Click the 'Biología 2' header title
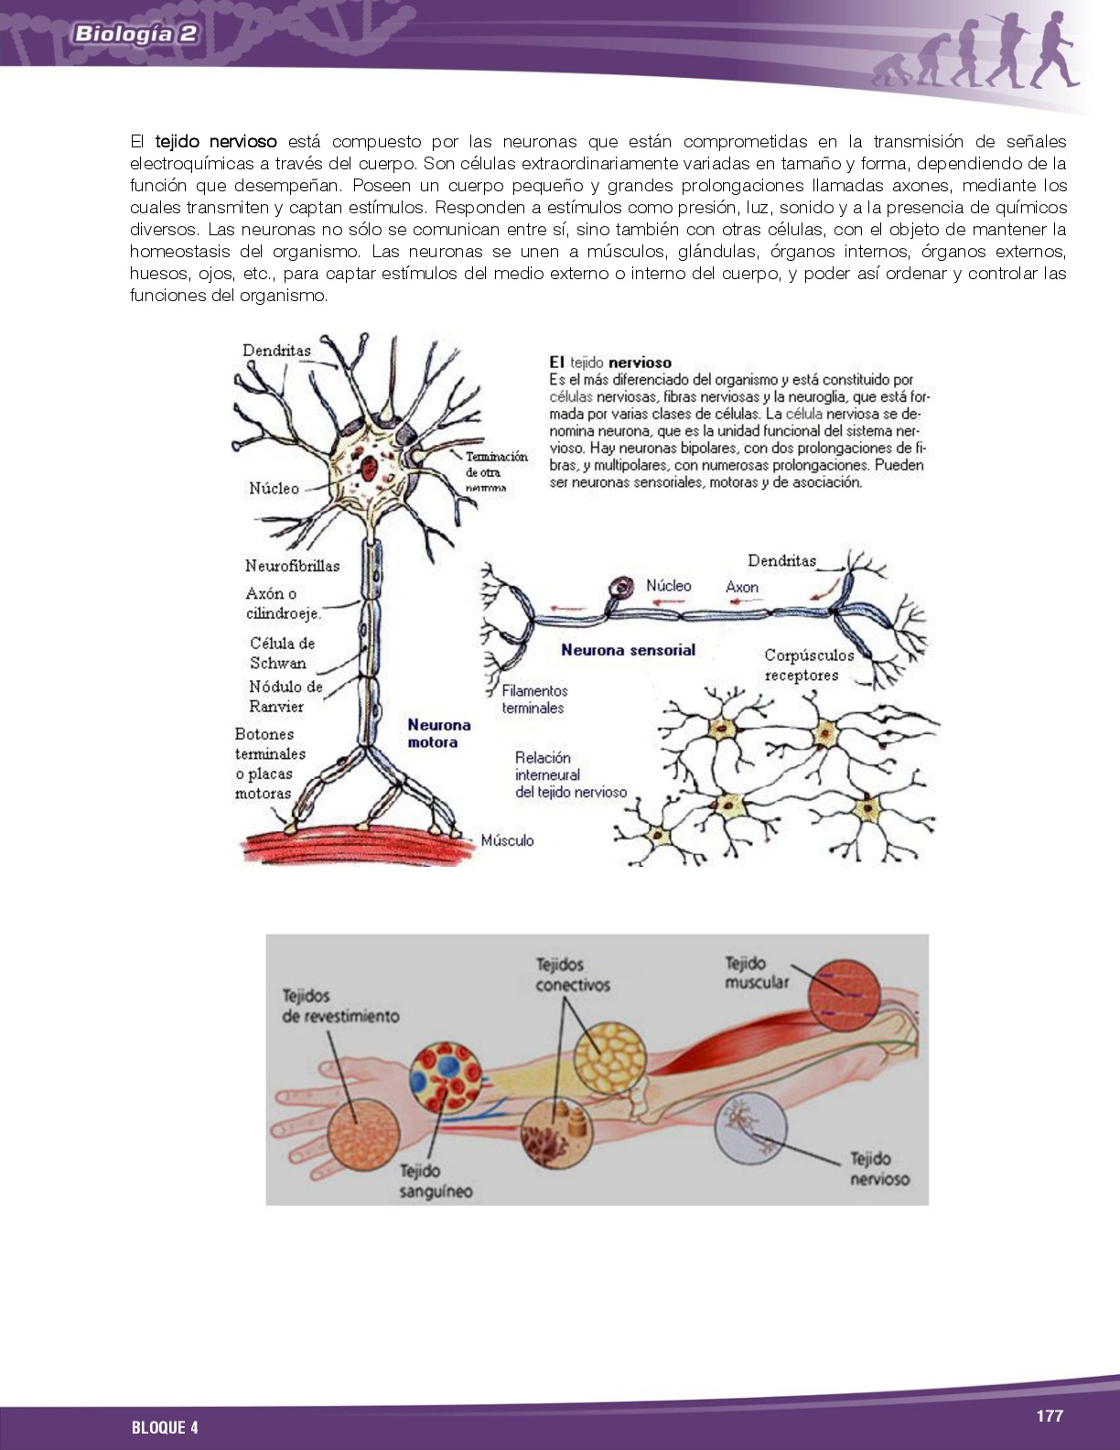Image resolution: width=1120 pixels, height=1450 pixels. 135,34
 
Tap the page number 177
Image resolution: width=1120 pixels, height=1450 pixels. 1049,1415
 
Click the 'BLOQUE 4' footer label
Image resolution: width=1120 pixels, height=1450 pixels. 165,1427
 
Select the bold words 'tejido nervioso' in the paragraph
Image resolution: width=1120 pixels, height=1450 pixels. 216,142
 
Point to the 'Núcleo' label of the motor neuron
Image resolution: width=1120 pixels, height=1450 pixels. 274,488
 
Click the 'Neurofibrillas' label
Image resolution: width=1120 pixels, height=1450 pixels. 292,566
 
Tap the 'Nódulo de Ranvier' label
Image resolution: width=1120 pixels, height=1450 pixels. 285,696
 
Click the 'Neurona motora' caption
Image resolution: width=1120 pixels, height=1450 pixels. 438,733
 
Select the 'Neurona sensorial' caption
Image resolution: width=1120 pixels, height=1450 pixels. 628,650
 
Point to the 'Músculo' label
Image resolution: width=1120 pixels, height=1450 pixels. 507,840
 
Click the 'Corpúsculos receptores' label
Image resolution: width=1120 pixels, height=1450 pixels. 808,665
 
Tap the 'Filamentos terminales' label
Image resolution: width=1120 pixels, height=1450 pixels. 534,699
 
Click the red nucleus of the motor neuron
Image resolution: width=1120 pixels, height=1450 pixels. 369,470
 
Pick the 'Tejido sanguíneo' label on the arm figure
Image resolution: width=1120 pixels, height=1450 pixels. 436,1181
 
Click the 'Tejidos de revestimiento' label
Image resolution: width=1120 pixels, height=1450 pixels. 339,1005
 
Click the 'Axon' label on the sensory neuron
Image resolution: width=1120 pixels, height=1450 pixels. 741,587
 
